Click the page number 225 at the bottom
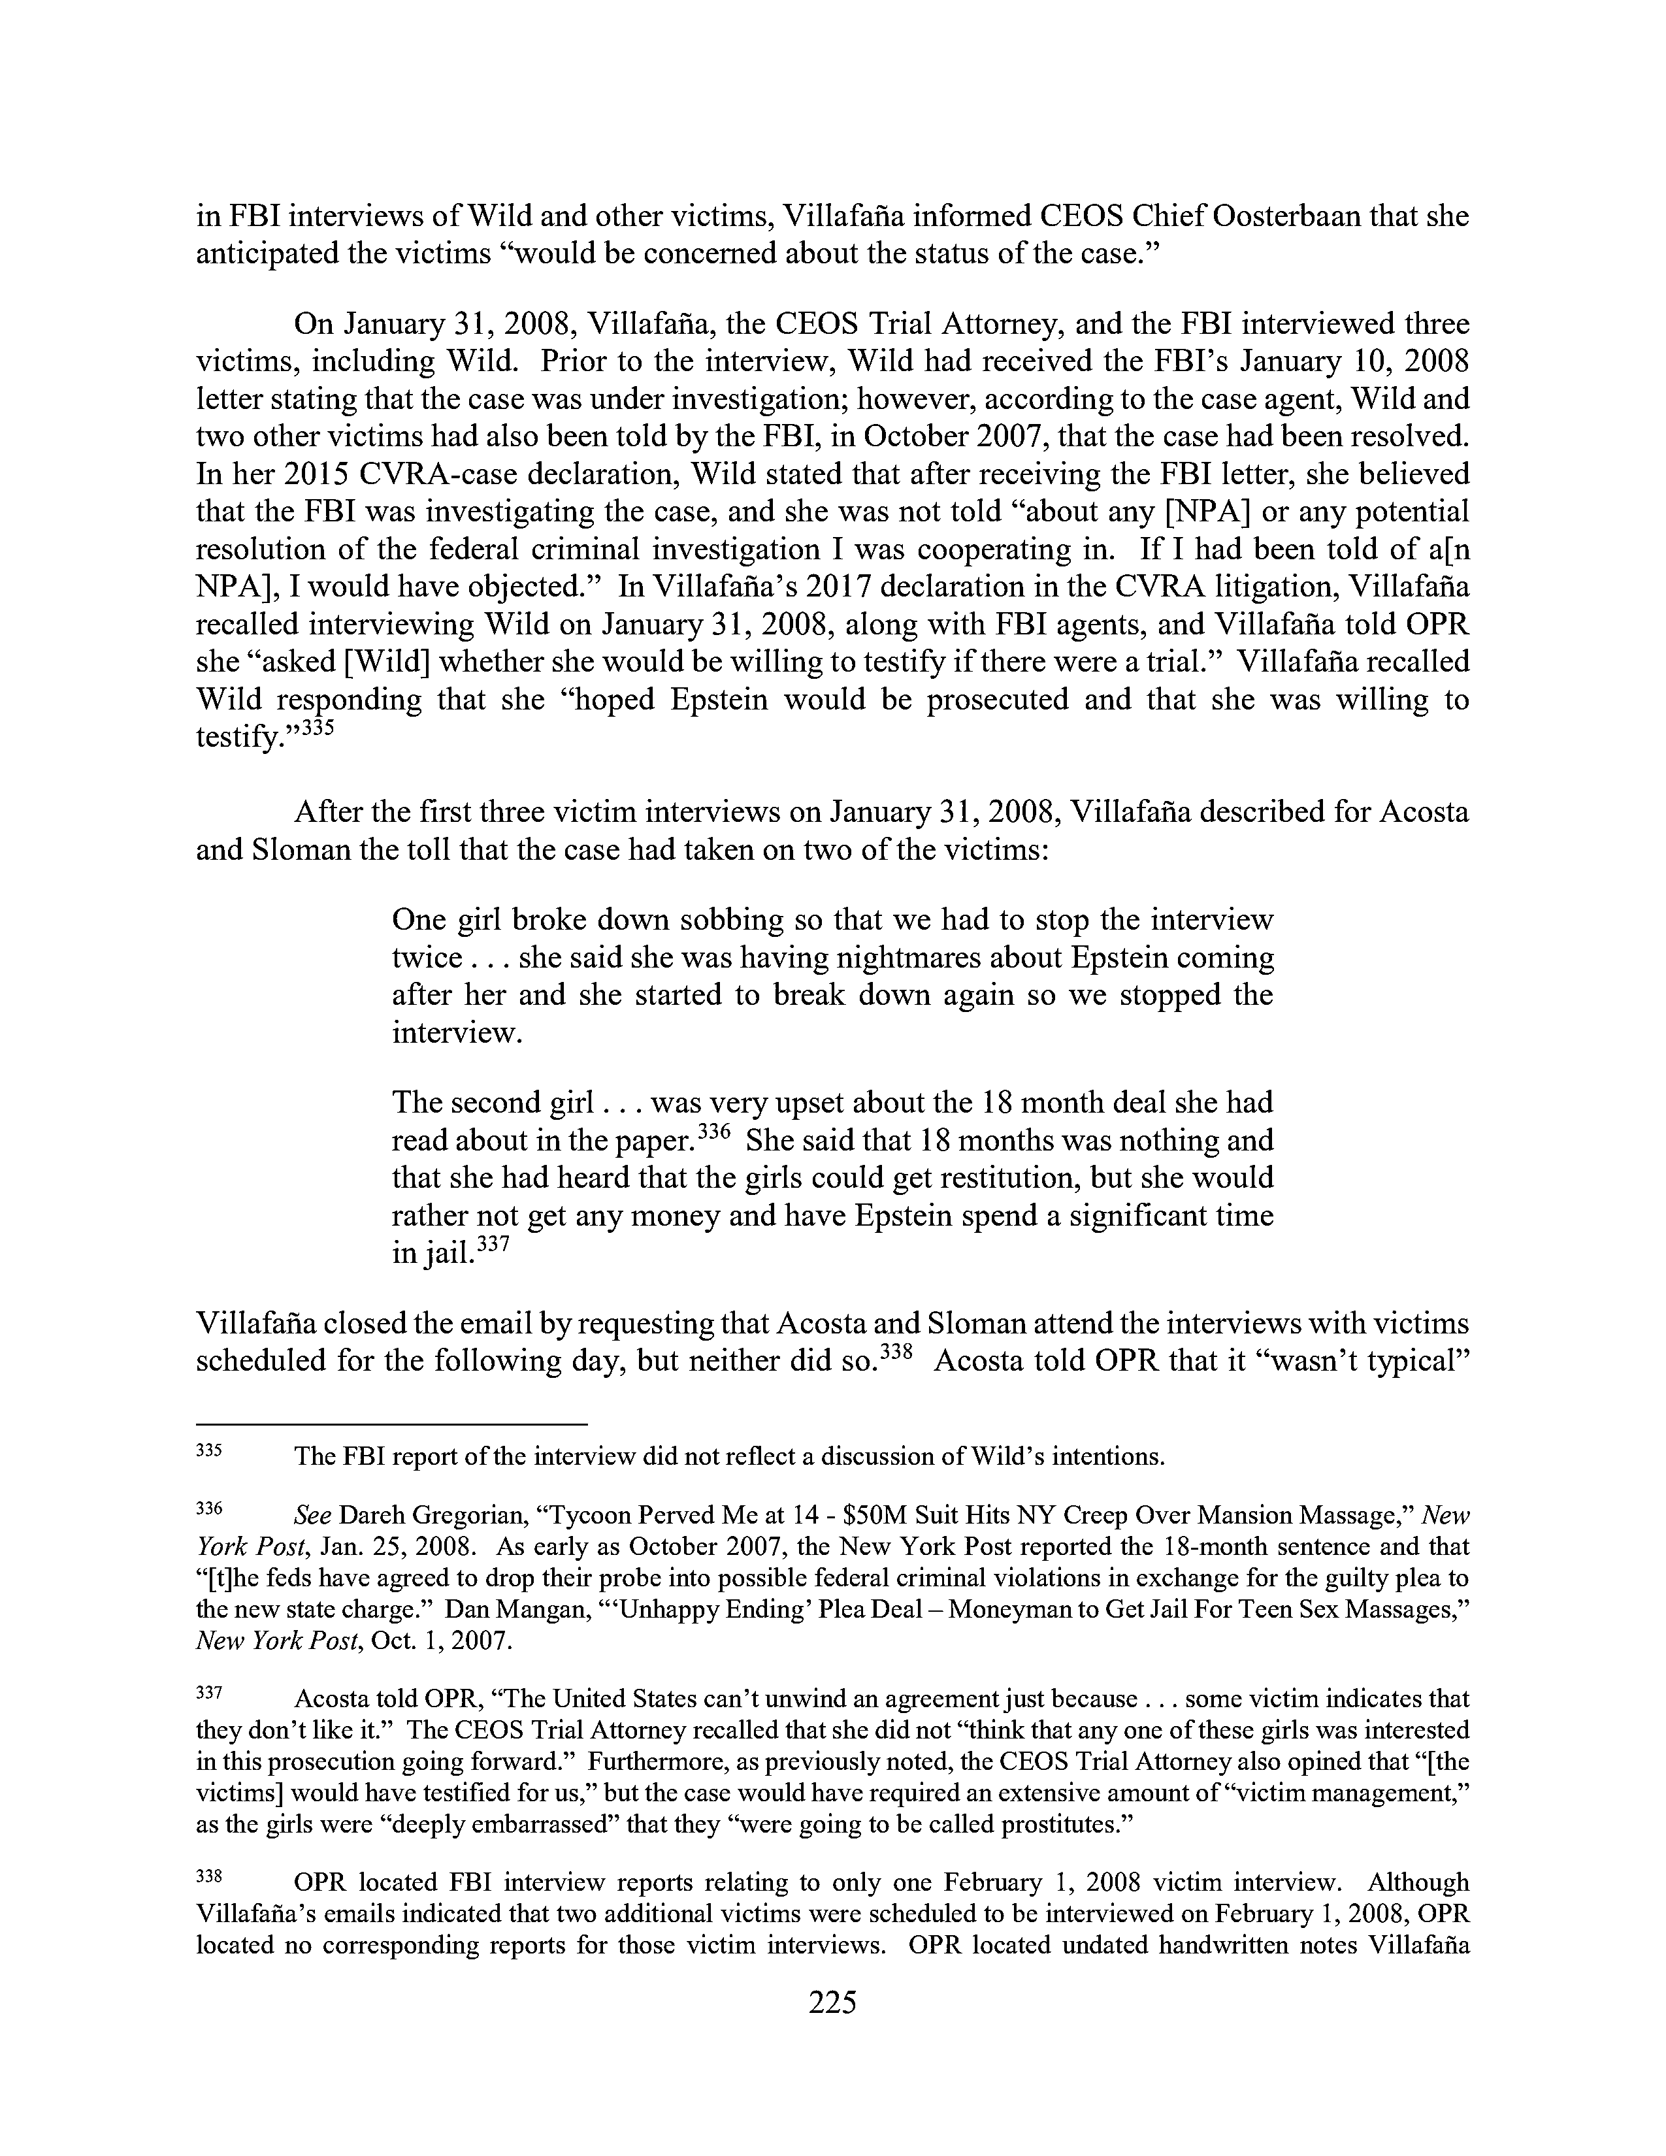pyautogui.click(x=832, y=2002)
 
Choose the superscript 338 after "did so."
pyautogui.click(x=889, y=1350)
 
